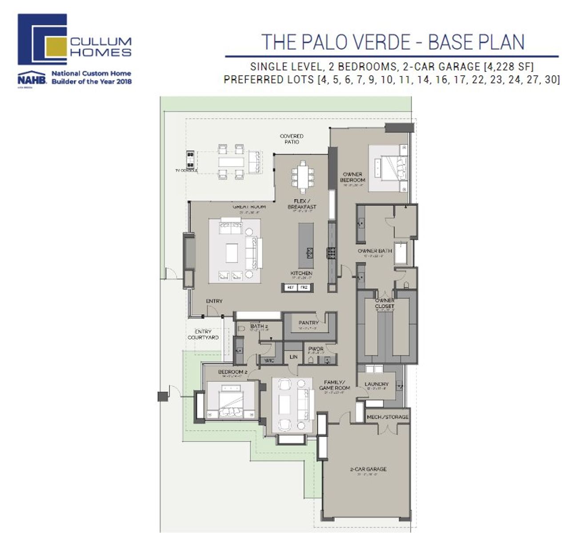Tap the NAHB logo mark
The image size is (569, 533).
(x=32, y=78)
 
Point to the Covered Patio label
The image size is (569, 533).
(x=292, y=139)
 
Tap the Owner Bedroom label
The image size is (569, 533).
(x=353, y=177)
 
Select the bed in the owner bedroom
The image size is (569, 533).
(x=391, y=168)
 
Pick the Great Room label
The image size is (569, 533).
(x=249, y=207)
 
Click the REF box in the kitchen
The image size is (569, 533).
(x=291, y=288)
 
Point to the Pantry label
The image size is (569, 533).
(x=309, y=323)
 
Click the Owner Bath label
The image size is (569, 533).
(x=375, y=251)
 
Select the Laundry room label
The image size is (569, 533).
(x=377, y=384)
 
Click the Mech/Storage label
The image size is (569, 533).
(x=387, y=417)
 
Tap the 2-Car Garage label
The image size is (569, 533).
(x=368, y=469)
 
